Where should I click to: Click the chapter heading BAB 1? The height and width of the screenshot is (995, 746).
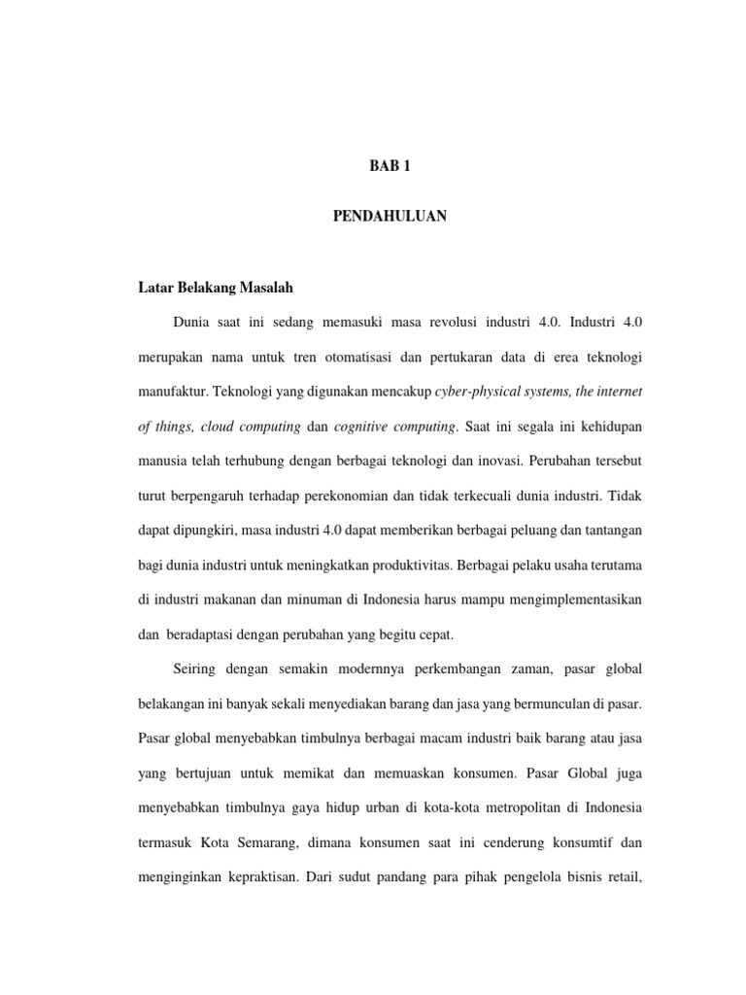pos(390,166)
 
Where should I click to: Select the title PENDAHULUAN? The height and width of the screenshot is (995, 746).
pos(390,217)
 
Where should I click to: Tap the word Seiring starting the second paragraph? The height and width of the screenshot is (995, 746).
pos(199,671)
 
